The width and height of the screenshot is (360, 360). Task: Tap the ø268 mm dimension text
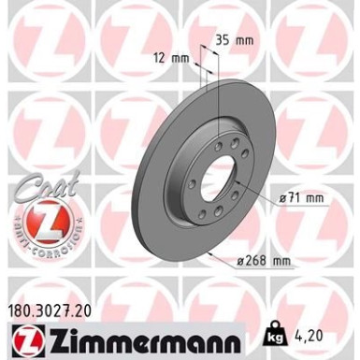tap(263, 261)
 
